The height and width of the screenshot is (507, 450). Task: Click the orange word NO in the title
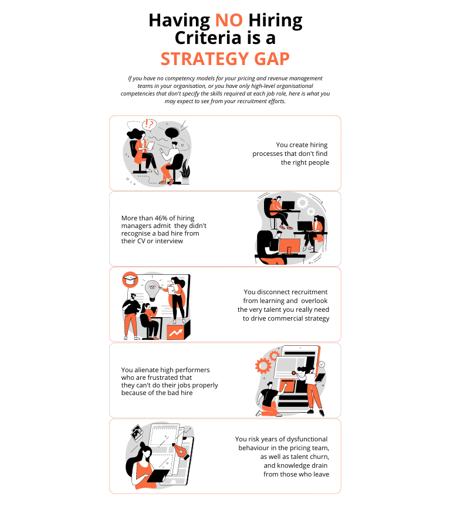coord(229,20)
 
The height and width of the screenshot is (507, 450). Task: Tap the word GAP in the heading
coord(272,59)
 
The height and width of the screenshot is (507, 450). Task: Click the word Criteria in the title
coord(208,38)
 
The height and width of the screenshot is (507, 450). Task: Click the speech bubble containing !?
coord(149,124)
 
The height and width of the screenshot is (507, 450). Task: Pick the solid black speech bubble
coord(172,132)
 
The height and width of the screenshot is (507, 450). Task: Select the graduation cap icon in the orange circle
coord(130,280)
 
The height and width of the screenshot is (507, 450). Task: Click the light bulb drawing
coord(151,290)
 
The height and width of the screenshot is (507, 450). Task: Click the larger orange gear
coord(263,366)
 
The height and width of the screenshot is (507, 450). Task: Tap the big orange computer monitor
coord(289,246)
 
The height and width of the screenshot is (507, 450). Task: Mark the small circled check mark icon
coord(322,365)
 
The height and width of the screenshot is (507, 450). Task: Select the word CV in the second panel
coord(141,241)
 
